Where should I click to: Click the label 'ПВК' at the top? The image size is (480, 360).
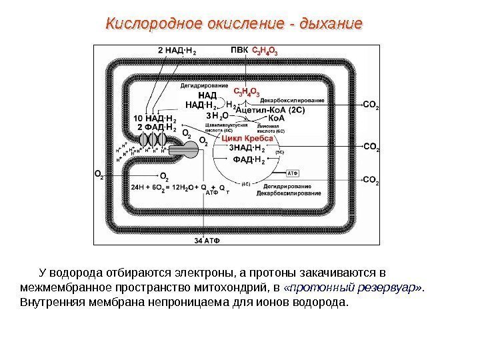(238, 50)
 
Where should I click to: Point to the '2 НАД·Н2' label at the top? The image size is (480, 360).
(177, 50)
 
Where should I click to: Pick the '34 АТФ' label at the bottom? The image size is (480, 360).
(207, 239)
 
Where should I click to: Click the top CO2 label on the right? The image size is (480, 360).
(371, 105)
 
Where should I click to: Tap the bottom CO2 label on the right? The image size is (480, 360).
(371, 180)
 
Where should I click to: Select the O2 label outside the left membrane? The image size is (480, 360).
(99, 175)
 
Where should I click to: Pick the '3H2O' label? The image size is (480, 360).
(217, 116)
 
